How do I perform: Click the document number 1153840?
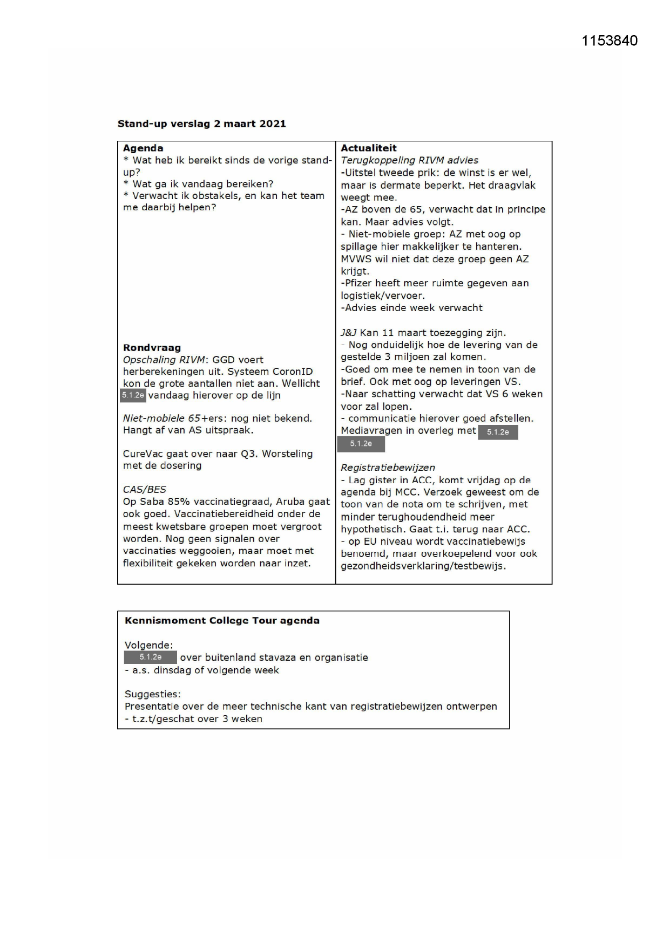point(609,41)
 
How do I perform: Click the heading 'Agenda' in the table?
point(143,148)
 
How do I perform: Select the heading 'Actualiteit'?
point(369,148)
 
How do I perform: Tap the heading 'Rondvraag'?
point(152,348)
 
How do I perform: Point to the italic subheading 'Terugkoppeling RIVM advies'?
point(409,160)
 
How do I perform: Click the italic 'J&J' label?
point(348,333)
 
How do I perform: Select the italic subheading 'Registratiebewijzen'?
point(388,468)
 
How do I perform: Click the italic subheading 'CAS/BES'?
point(144,490)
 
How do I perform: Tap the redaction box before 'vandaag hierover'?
point(133,395)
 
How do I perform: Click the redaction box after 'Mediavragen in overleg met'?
point(498,432)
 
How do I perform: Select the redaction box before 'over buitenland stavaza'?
point(150,657)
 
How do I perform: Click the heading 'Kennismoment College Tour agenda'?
point(222,621)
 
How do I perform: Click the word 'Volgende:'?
point(148,646)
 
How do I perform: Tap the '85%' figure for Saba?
point(179,502)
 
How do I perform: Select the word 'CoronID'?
point(292,372)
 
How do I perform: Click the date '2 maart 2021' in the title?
point(249,124)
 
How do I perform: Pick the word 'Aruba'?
point(291,502)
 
